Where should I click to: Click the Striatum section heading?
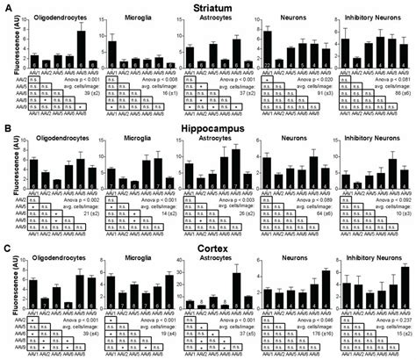coord(207,7)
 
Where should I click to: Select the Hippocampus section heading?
coord(208,126)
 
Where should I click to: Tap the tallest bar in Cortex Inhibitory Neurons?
coord(405,286)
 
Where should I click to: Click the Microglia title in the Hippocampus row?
coord(128,135)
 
